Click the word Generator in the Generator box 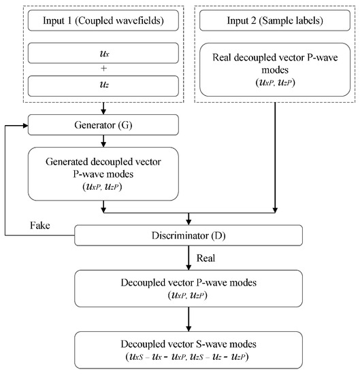[88, 124]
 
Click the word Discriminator [179, 236]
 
